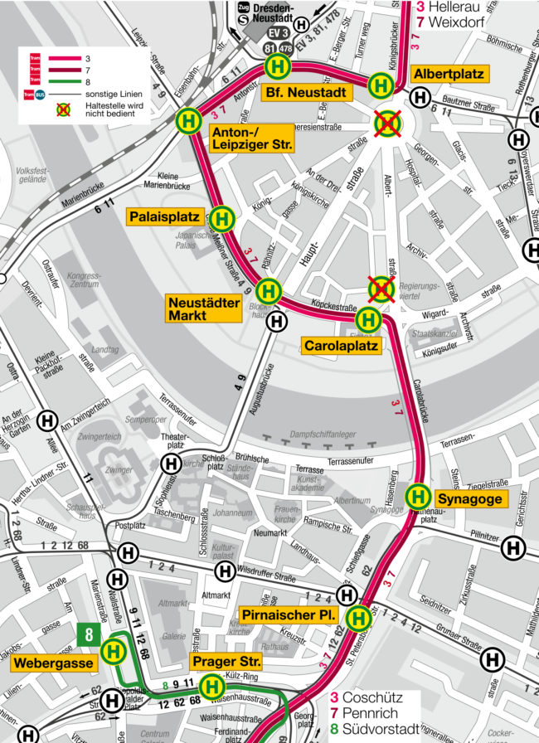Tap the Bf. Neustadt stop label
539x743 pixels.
[303, 93]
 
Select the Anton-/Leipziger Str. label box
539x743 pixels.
[251, 138]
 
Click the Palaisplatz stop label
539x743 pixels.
[164, 217]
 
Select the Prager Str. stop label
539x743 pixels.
[226, 662]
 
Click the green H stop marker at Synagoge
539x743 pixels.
[417, 497]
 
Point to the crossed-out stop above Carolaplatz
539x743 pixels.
[380, 289]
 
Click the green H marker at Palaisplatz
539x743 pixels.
[222, 219]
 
